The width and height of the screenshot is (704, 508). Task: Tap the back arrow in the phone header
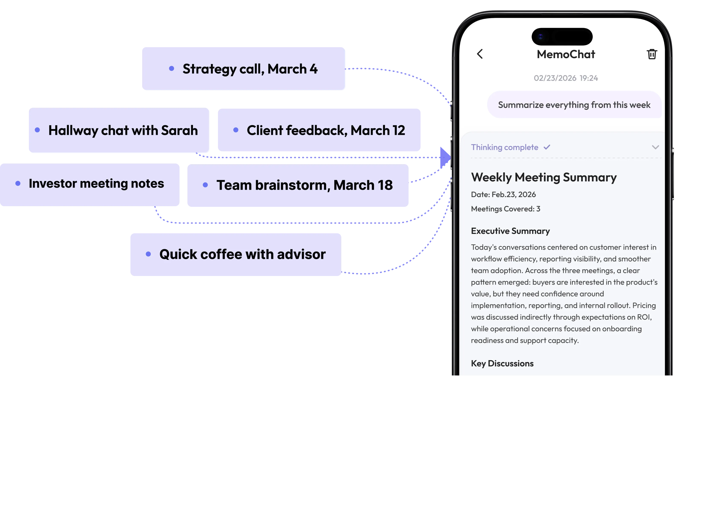(x=480, y=54)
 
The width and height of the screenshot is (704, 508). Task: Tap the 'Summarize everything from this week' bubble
(x=574, y=105)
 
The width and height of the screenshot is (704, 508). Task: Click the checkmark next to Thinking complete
(x=547, y=147)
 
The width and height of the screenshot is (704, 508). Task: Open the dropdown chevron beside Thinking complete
(x=655, y=147)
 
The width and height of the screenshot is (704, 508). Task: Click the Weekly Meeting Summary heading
(x=544, y=177)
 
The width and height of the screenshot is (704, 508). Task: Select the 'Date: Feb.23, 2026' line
(x=503, y=195)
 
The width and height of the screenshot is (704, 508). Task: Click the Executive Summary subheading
(x=510, y=231)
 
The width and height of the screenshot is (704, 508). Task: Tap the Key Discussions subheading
(x=502, y=363)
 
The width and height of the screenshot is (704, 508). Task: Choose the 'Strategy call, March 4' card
(x=243, y=69)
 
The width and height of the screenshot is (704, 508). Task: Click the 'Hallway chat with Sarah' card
(x=119, y=130)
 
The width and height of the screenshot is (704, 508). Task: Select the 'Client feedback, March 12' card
(x=319, y=130)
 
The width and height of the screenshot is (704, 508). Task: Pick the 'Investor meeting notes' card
(x=90, y=185)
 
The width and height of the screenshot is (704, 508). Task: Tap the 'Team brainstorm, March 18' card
(x=298, y=185)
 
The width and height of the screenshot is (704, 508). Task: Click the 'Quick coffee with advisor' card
(x=236, y=254)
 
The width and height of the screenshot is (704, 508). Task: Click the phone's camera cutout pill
(x=562, y=37)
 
